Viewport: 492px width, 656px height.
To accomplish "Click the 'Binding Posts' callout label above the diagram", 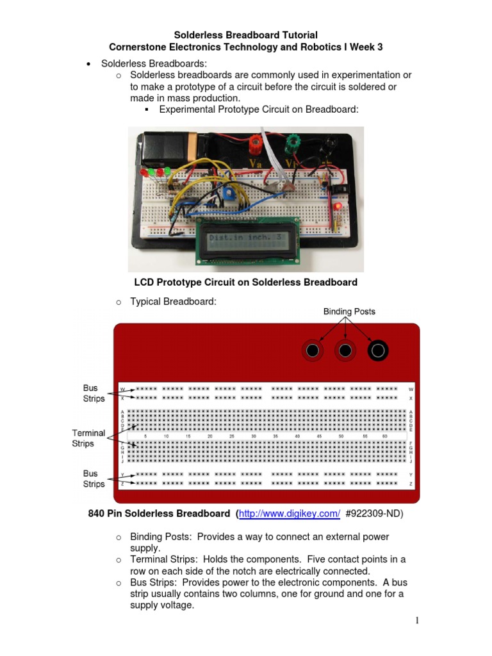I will (x=349, y=311).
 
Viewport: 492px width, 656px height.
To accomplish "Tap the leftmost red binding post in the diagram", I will (x=312, y=350).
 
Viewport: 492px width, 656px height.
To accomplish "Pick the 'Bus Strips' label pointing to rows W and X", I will (x=94, y=393).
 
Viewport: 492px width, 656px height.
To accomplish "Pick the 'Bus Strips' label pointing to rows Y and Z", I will (x=94, y=479).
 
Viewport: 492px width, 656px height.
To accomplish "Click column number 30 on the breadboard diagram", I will (x=254, y=436).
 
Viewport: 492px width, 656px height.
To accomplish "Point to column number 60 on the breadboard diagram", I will (x=385, y=436).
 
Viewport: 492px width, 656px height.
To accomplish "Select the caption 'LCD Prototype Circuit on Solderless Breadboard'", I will (x=245, y=282).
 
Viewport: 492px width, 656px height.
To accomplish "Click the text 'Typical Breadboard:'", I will (x=169, y=302).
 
